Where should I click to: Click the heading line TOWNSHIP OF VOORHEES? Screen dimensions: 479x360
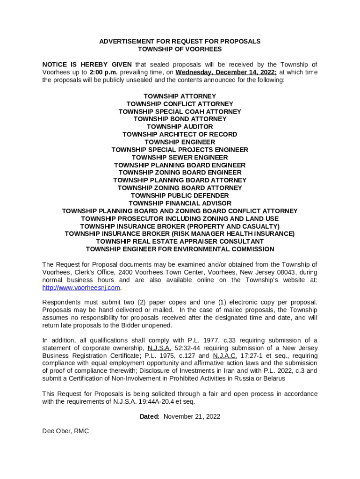coord(180,49)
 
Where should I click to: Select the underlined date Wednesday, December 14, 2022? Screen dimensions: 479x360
coord(226,73)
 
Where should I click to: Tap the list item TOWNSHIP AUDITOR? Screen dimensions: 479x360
coord(180,127)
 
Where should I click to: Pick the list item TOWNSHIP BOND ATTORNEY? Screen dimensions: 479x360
coord(180,119)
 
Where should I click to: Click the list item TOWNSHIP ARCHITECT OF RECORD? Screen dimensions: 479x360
coord(180,134)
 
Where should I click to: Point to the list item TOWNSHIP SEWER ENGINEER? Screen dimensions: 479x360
coord(180,158)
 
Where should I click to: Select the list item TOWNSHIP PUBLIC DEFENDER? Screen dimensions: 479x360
coord(180,196)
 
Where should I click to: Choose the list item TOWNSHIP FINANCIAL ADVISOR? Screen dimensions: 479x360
coord(180,203)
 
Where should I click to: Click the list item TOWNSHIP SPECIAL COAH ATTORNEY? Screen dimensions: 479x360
coord(180,112)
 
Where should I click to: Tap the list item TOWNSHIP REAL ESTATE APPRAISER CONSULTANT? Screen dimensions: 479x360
coord(180,241)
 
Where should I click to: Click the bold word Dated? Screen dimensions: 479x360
coord(150,416)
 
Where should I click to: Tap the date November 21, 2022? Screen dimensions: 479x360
coord(192,416)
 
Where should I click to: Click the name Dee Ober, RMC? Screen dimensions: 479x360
coord(65,431)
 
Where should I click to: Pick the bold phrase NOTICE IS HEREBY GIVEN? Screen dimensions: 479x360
coord(87,65)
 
